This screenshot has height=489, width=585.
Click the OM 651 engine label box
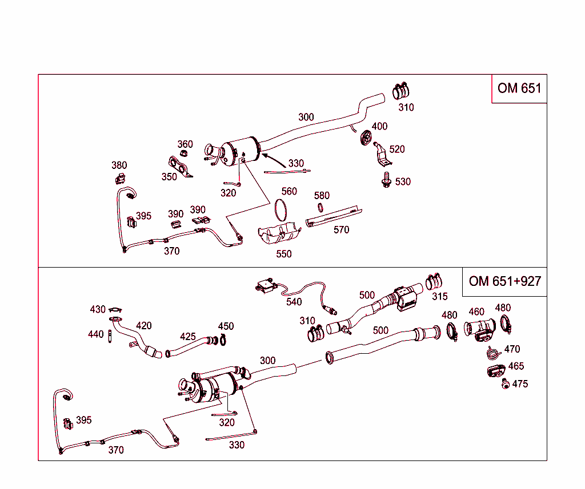click(x=519, y=88)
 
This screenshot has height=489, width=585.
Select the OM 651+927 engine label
click(x=504, y=281)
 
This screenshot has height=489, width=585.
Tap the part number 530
click(x=403, y=181)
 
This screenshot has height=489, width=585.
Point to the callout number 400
click(x=379, y=126)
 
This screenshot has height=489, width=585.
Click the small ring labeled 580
click(x=322, y=208)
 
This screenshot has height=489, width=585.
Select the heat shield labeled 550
click(x=279, y=234)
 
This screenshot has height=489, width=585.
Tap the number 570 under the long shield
click(x=341, y=230)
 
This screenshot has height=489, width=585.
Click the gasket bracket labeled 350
click(x=181, y=168)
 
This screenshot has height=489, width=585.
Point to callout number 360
click(x=185, y=144)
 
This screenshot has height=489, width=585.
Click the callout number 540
click(x=294, y=302)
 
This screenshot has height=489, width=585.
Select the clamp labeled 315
click(x=435, y=281)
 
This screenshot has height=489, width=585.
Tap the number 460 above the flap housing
click(x=476, y=312)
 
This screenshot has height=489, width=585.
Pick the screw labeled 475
click(x=504, y=385)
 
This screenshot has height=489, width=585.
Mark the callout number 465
click(x=516, y=366)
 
